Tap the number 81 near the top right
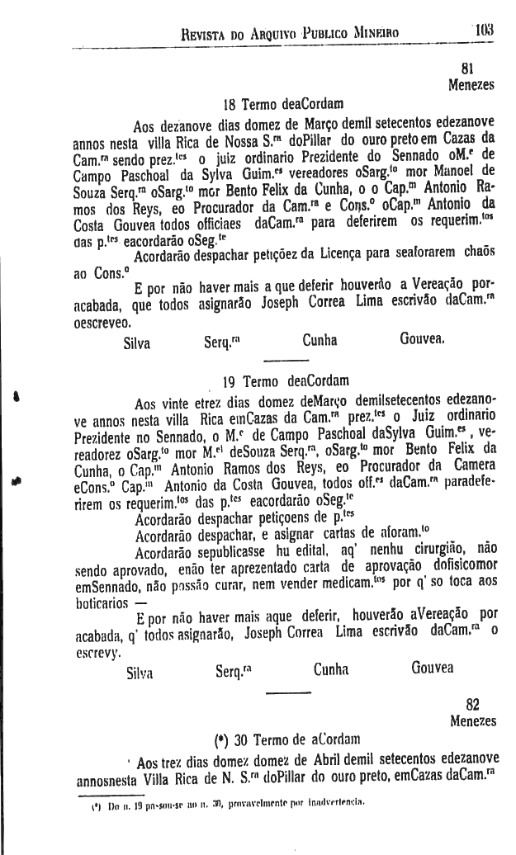[469, 68]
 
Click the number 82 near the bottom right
[472, 704]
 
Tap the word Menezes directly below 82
[471, 720]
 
